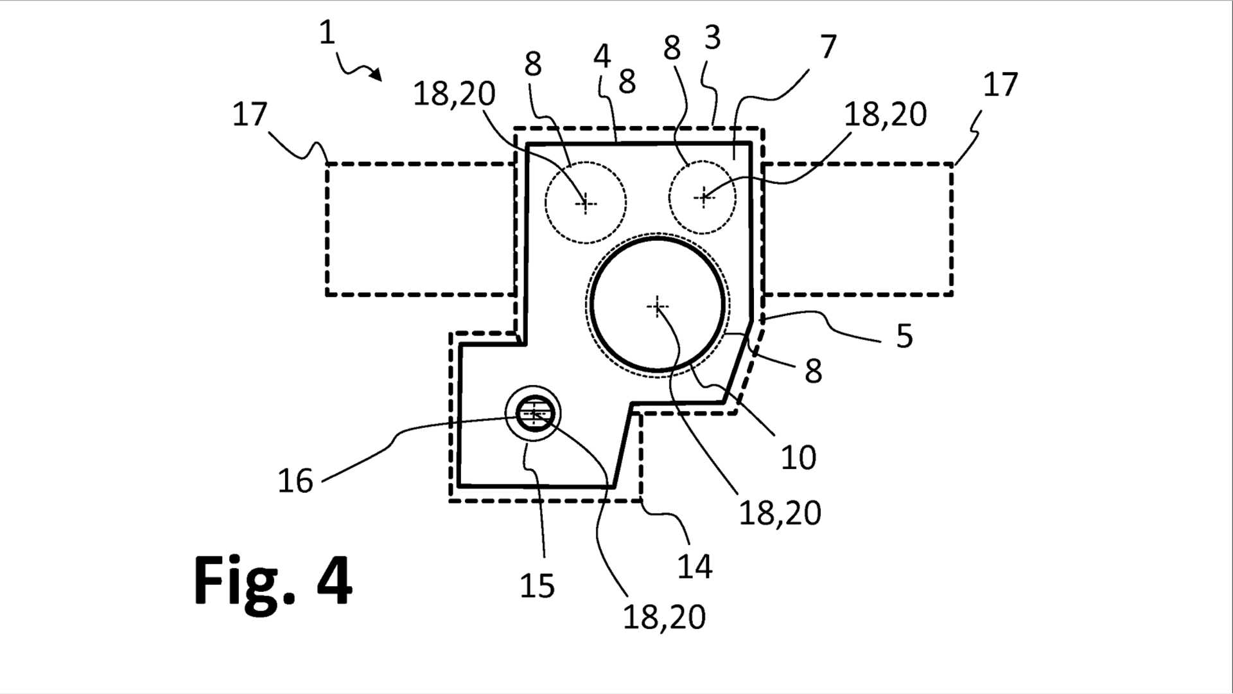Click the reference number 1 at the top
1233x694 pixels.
(x=328, y=33)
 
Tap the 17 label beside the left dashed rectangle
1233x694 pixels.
(x=250, y=114)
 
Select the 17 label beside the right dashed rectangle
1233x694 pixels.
(x=1001, y=84)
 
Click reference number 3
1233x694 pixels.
(x=713, y=39)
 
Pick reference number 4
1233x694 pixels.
(x=602, y=57)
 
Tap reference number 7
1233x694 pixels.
(x=829, y=47)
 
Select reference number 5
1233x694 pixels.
(x=905, y=336)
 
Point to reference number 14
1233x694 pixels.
(x=695, y=567)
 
